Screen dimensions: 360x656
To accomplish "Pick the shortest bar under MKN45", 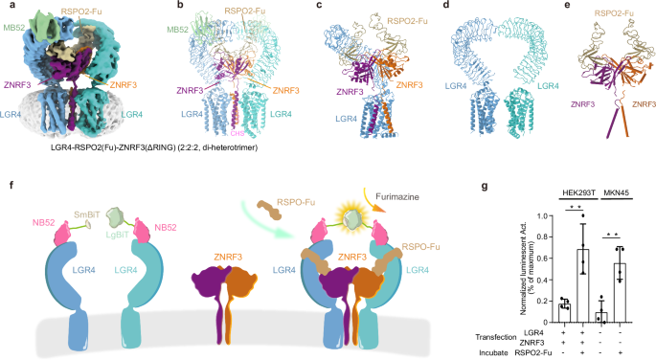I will click(x=600, y=317).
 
